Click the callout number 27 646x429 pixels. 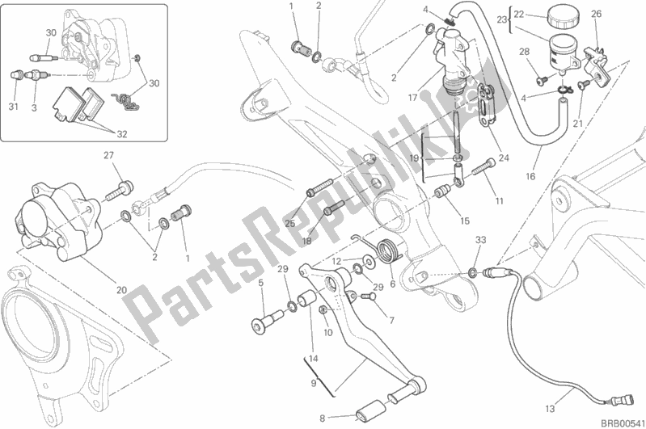(x=108, y=156)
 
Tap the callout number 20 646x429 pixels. (x=121, y=290)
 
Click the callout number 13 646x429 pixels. (x=550, y=409)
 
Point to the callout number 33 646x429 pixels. (x=480, y=240)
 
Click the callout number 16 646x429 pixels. (x=530, y=177)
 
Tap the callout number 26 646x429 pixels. (x=596, y=14)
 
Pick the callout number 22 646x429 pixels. (x=519, y=15)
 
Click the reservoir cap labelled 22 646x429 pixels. (x=563, y=16)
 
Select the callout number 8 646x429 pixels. (x=322, y=418)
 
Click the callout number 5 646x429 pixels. (x=260, y=283)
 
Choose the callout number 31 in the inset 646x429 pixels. (x=13, y=107)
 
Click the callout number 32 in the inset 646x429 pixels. (x=122, y=134)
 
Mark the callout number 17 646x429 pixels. (x=412, y=98)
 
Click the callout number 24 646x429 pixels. (x=504, y=158)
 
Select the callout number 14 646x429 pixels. (x=313, y=358)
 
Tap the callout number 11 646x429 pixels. (x=500, y=201)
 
